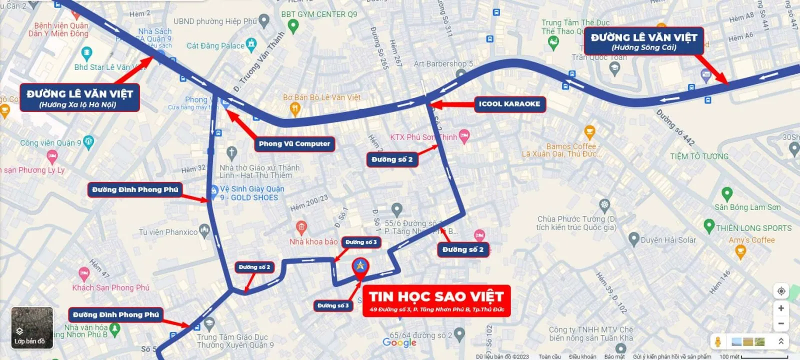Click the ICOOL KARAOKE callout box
point(509,104)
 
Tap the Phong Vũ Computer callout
point(294,144)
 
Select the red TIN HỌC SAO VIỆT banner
point(436,301)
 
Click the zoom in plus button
point(781,308)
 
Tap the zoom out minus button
point(781,323)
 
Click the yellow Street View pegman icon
point(718,342)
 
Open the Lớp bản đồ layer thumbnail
point(31,328)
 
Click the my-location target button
point(781,291)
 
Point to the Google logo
point(399,342)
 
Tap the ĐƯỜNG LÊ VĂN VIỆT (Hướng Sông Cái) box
point(643,41)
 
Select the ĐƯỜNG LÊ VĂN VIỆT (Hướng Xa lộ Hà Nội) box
point(79,97)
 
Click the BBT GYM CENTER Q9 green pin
point(293,26)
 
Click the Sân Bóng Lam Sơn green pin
point(727,194)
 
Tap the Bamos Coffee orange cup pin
point(589,132)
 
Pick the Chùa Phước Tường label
point(576,223)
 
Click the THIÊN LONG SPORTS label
point(753,228)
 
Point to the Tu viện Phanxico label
point(168,232)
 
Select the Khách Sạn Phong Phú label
point(110,287)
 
